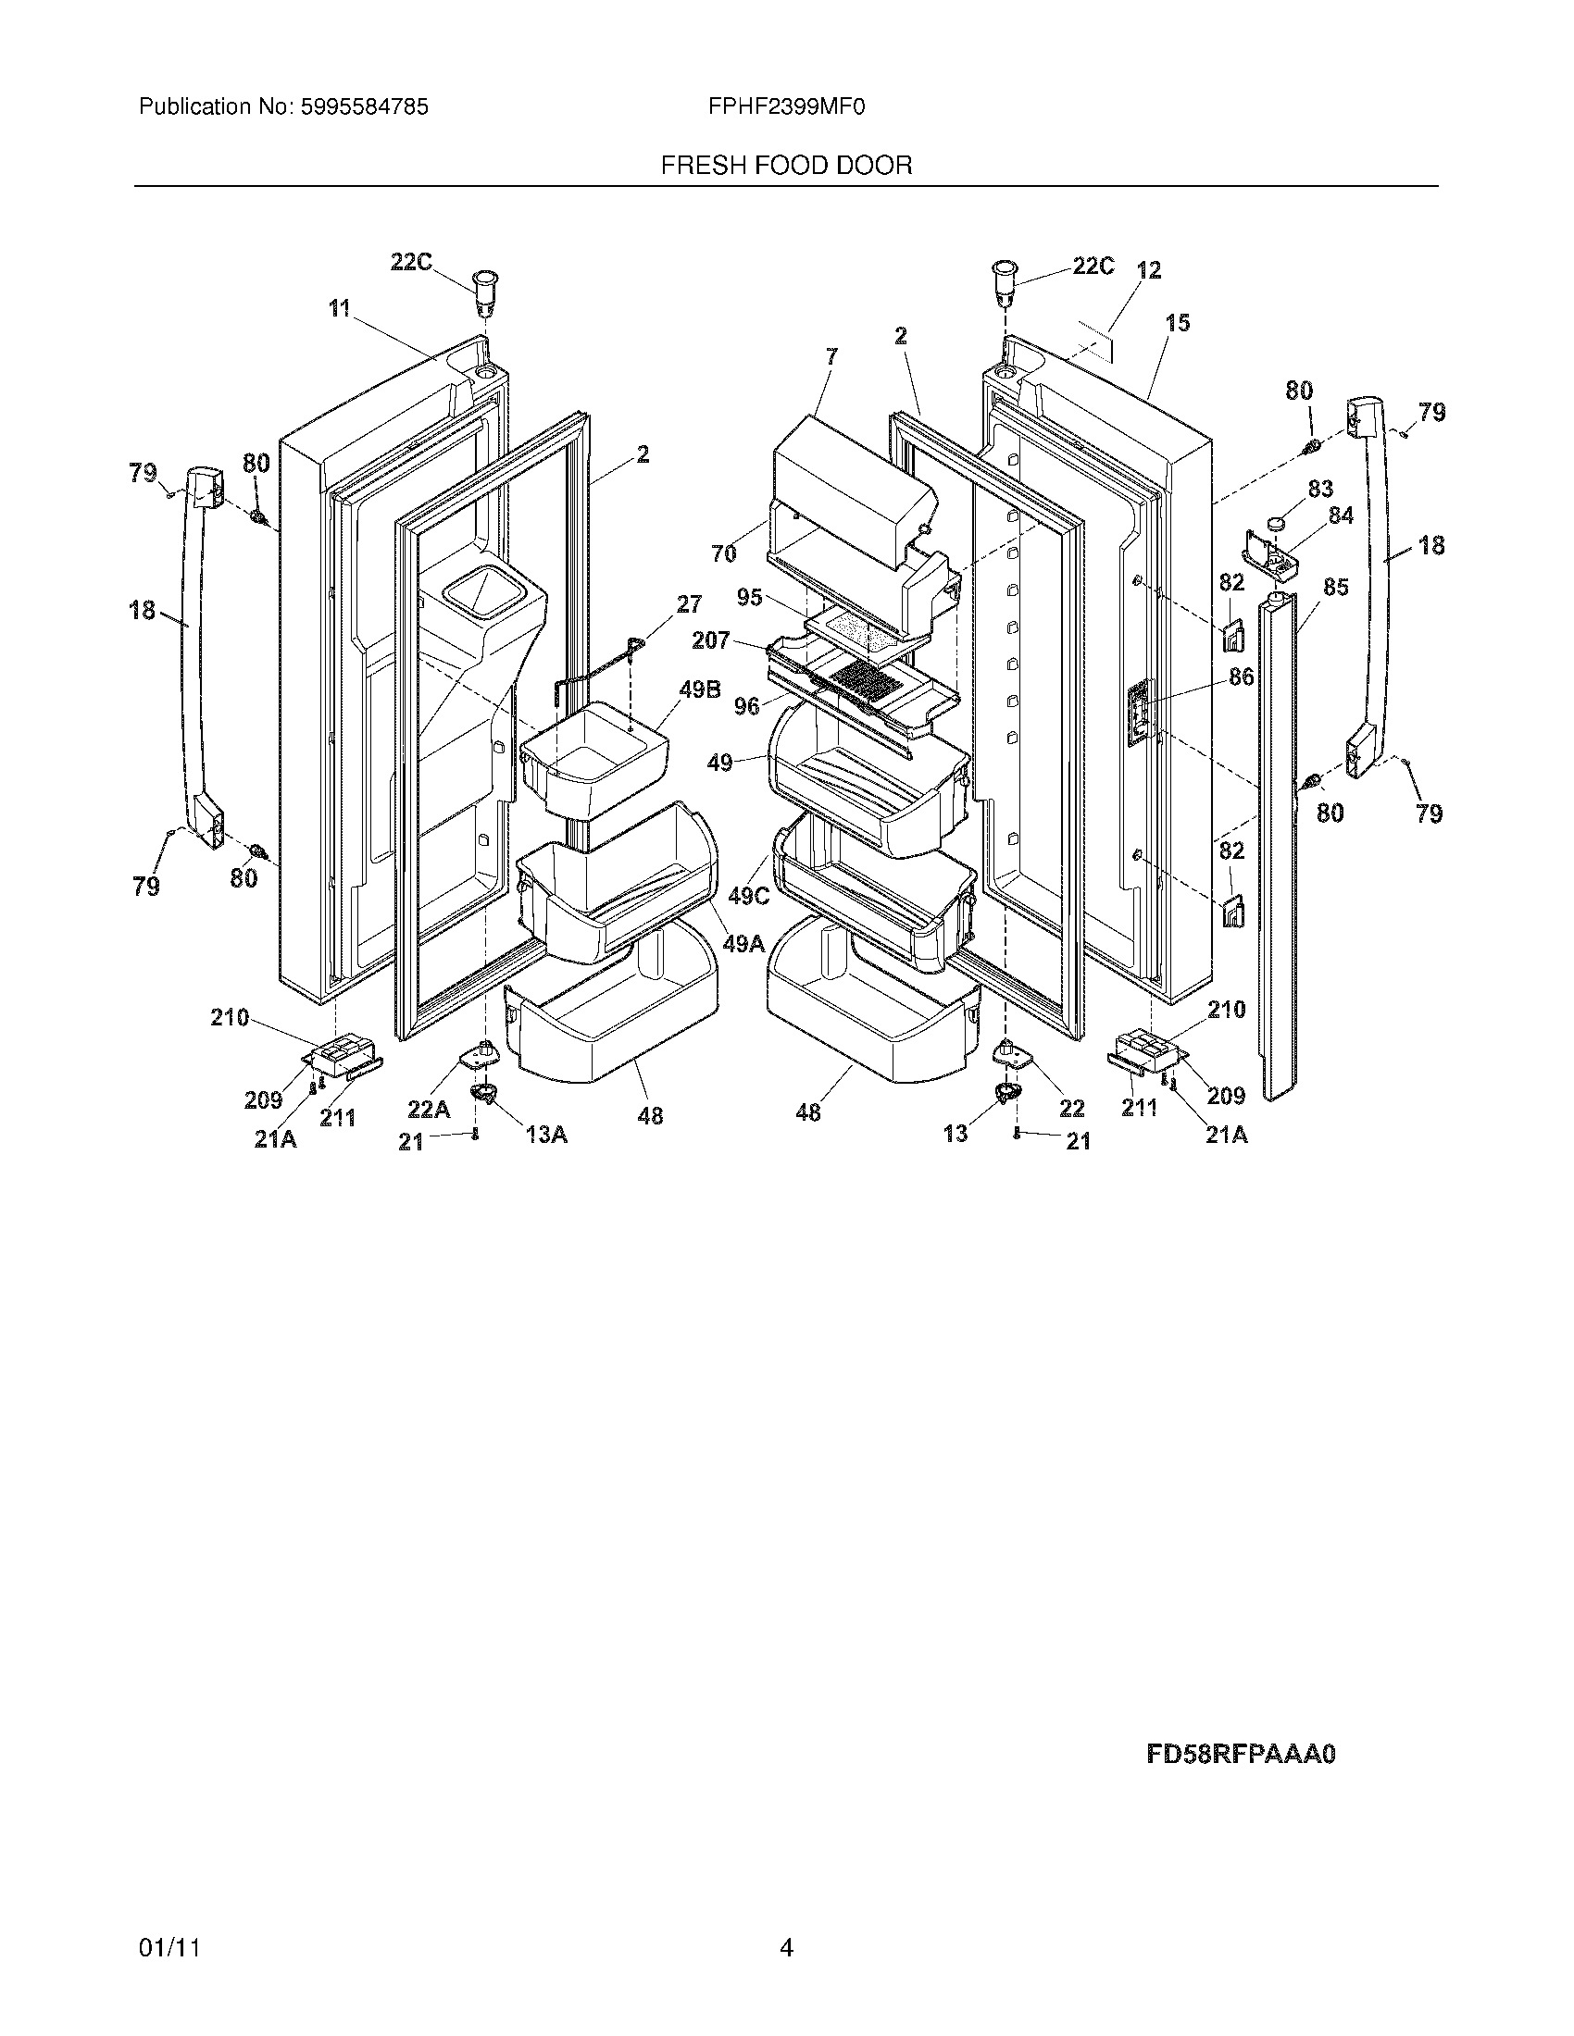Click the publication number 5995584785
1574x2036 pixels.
[x=365, y=107]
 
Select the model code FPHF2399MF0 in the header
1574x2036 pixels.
[x=786, y=107]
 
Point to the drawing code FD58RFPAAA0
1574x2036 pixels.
[x=1240, y=1754]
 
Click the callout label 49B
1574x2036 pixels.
[x=699, y=690]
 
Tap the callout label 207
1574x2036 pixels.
[x=710, y=641]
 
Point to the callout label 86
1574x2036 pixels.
[x=1241, y=677]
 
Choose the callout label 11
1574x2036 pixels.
[x=339, y=307]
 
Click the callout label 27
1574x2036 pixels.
[x=688, y=604]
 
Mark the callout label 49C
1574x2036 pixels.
[x=749, y=896]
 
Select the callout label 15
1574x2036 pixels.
[x=1178, y=323]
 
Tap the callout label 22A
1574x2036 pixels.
[x=428, y=1109]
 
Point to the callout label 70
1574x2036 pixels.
[x=724, y=553]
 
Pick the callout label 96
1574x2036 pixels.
[x=746, y=706]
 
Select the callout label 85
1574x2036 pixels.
[x=1335, y=588]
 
